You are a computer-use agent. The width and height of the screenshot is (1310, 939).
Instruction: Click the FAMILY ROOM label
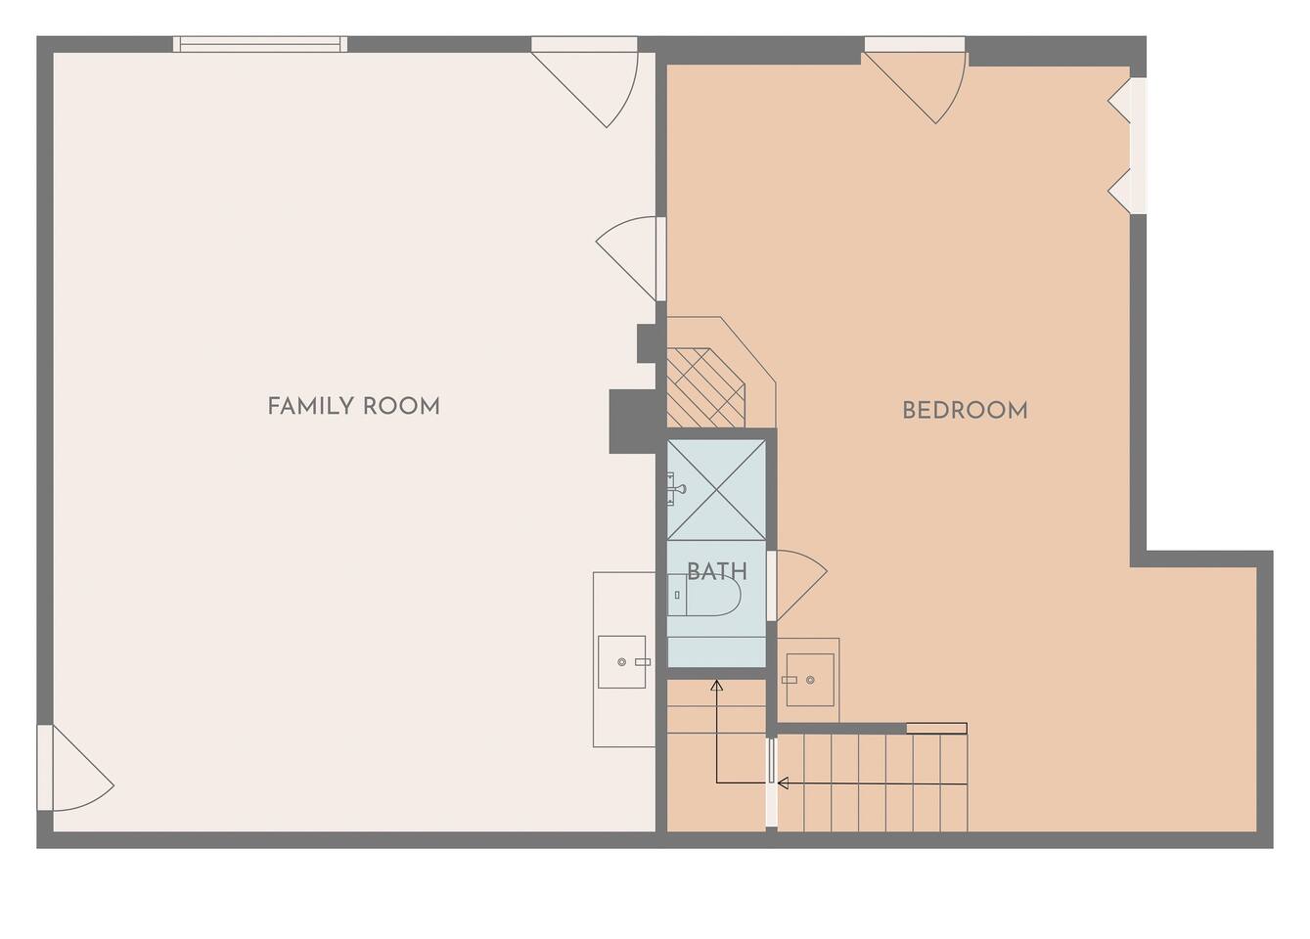(353, 406)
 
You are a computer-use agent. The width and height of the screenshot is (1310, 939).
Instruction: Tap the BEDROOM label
(965, 411)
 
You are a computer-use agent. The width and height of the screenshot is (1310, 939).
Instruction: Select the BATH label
(717, 571)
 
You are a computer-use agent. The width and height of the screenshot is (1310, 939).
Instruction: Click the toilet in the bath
(704, 595)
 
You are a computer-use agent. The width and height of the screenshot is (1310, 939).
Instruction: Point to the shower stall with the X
(717, 490)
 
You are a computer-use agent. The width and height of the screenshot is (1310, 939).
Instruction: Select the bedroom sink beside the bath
(810, 680)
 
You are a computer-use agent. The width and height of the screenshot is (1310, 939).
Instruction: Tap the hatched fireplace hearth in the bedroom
(706, 387)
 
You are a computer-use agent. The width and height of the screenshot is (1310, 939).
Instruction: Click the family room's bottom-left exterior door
(76, 768)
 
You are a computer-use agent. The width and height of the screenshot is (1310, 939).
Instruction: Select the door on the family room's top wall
(584, 82)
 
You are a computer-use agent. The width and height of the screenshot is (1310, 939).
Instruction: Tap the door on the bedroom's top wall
(915, 80)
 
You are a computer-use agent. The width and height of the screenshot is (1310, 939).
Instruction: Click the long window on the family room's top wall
(260, 44)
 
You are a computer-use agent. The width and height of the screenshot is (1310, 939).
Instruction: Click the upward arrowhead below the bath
(716, 685)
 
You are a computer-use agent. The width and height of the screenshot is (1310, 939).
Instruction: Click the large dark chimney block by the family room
(632, 422)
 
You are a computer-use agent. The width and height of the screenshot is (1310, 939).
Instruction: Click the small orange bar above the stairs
(936, 728)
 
